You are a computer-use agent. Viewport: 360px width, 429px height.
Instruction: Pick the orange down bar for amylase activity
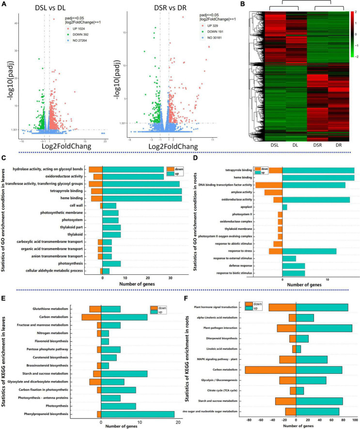pyautogui.click(x=273, y=192)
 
